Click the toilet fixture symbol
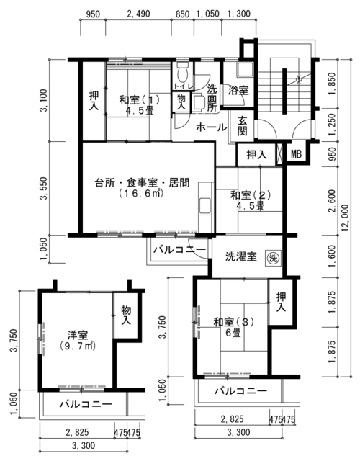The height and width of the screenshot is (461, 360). coord(183,71)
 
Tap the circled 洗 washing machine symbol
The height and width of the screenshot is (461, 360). coord(274,259)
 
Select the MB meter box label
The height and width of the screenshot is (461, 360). coord(296,154)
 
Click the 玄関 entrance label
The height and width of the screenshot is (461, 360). coord(242,126)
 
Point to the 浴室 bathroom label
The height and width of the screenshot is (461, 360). coord(238,91)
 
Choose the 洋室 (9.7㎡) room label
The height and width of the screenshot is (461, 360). coord(78,341)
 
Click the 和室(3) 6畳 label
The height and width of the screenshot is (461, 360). coord(233,327)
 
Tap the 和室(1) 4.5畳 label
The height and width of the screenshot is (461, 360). coord(139,105)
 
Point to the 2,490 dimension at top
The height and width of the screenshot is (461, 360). coord(138,14)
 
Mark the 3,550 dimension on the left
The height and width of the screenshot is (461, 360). coord(44,188)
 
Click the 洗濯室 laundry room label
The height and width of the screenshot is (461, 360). coord(241,256)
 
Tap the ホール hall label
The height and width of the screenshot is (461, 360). coord(211,127)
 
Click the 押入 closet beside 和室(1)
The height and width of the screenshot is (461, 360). coord(94,101)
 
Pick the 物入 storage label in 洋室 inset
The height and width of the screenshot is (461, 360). coord(126,315)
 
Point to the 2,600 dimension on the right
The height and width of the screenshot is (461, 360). coord(333,201)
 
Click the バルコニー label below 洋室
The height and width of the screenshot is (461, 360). coord(86,405)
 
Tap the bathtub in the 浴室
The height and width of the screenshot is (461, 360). coord(245,70)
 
